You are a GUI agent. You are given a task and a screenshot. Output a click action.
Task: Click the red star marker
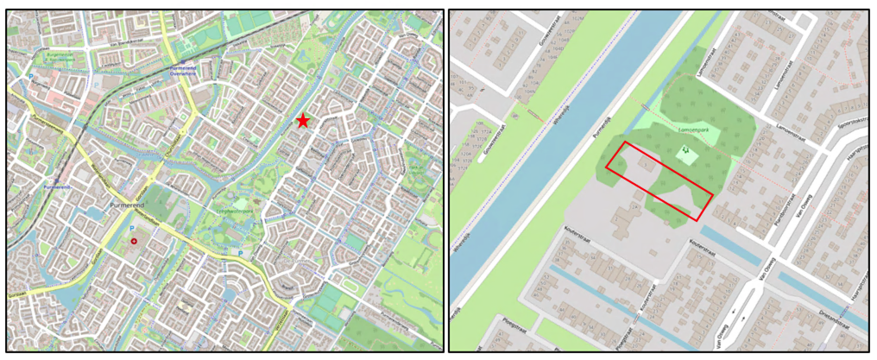[x=303, y=121]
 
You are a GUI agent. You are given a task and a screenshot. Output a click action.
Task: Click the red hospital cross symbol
[x=134, y=241]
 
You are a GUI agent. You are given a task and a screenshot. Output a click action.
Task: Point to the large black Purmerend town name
[x=130, y=205]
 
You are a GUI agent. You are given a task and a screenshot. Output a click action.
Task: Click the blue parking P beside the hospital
[x=131, y=228]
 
